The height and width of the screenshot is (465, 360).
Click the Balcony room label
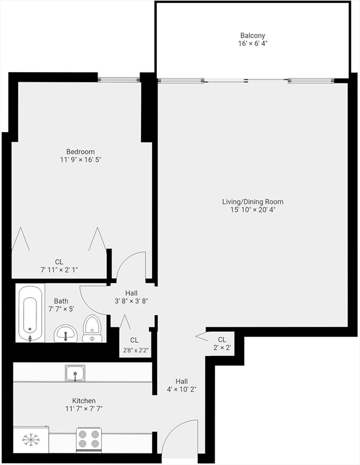pyautogui.click(x=252, y=36)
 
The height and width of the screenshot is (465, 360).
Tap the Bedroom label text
pyautogui.click(x=81, y=151)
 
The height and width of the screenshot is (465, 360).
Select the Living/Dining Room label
pyautogui.click(x=252, y=202)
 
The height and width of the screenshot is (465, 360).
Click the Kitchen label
pyautogui.click(x=84, y=401)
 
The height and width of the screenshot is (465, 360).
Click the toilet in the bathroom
pyautogui.click(x=92, y=328)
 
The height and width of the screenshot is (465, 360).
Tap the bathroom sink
pyautogui.click(x=65, y=332)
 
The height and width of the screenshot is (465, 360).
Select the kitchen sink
pyautogui.click(x=75, y=374)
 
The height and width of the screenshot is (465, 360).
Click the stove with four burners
pyautogui.click(x=88, y=439)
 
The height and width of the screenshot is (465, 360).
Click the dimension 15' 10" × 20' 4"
pyautogui.click(x=252, y=210)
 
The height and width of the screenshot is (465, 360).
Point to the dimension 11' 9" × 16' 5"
pyautogui.click(x=81, y=160)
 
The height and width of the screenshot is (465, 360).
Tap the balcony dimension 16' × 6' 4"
pyautogui.click(x=252, y=44)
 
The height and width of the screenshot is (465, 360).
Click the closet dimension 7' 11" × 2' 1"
pyautogui.click(x=59, y=270)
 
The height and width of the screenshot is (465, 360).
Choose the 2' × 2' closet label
pyautogui.click(x=222, y=348)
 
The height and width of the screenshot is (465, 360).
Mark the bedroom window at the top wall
pyautogui.click(x=119, y=79)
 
